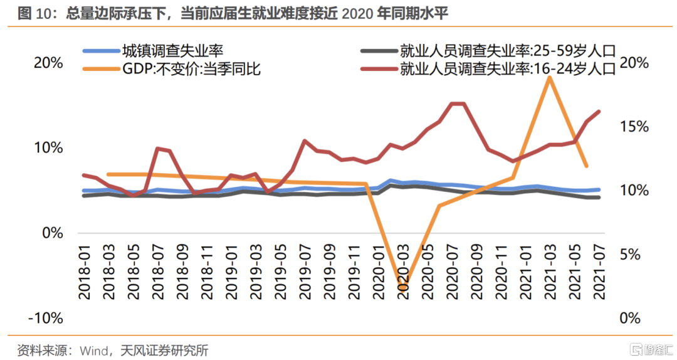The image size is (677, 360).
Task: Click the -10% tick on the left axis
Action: (45, 318)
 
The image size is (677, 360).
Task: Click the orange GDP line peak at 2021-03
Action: (550, 77)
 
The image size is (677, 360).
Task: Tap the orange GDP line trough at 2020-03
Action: (402, 289)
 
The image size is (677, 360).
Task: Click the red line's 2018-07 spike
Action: (158, 148)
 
